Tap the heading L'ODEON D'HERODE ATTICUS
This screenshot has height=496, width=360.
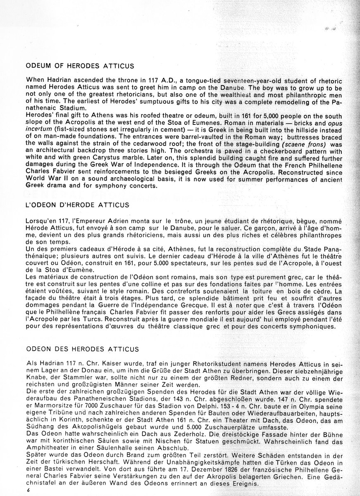point(77,205)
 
